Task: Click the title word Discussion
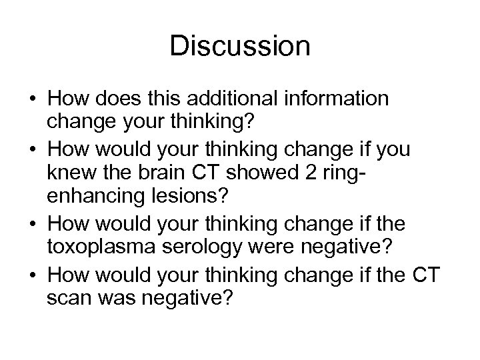pos(239,46)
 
